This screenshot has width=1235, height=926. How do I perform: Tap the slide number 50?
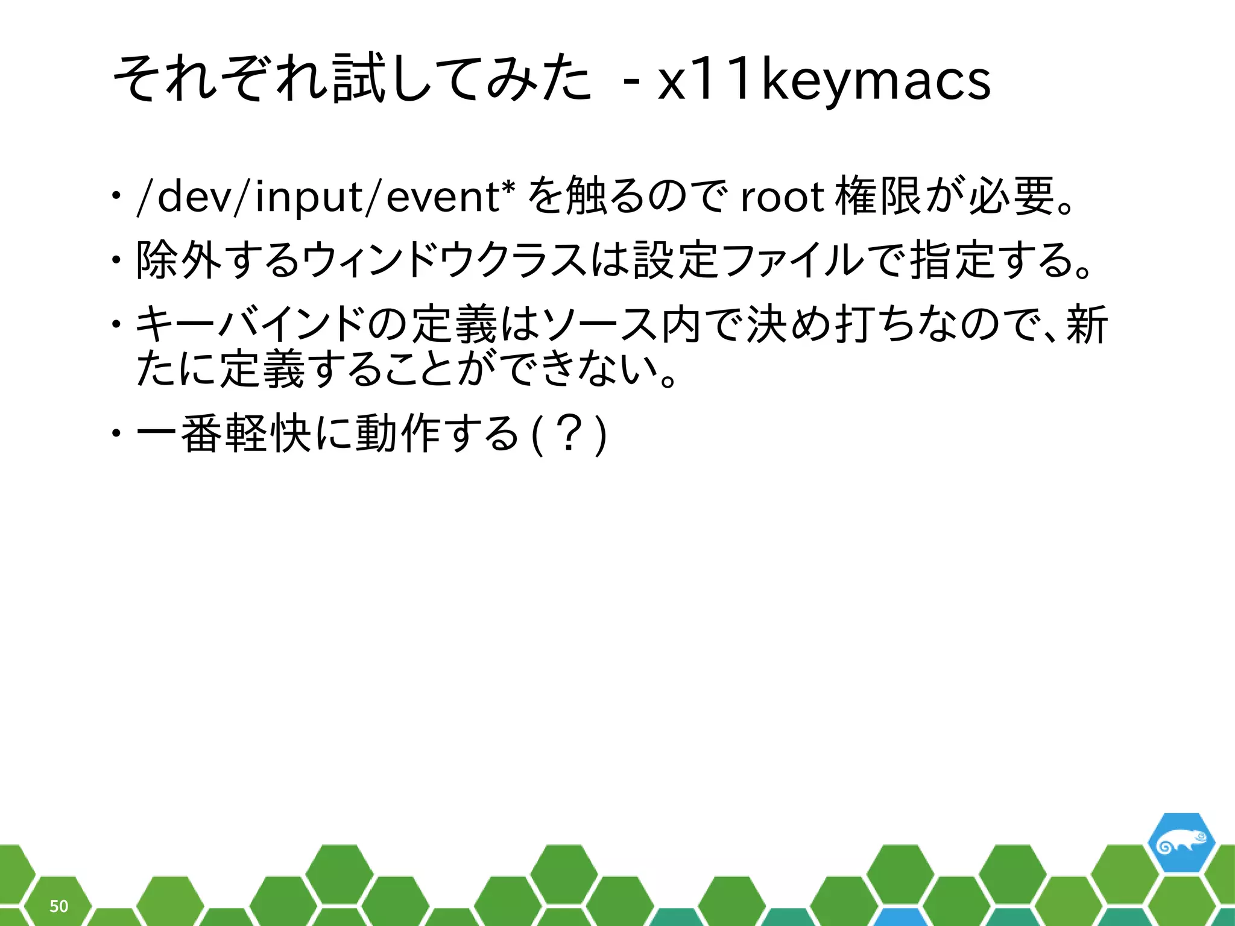point(58,906)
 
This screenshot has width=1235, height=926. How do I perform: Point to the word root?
point(782,197)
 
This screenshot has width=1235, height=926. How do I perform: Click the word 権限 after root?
point(878,197)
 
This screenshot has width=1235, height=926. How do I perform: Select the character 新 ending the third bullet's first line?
point(1087,324)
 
